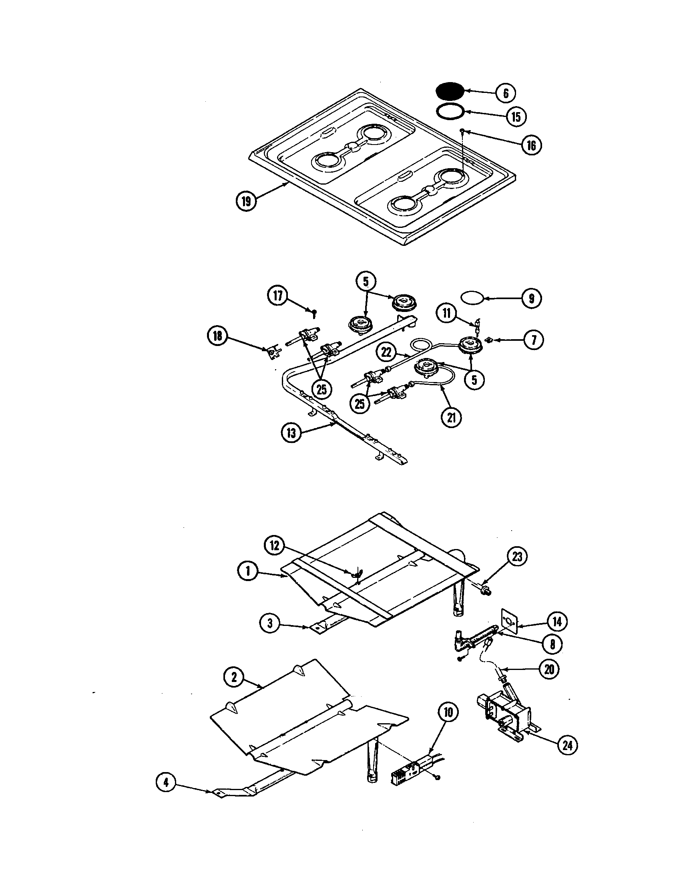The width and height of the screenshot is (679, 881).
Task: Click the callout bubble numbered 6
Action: (x=506, y=93)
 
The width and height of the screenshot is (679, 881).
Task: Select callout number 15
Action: (x=516, y=117)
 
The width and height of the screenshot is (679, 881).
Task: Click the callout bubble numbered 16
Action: (x=531, y=145)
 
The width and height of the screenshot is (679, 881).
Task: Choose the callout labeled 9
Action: (x=531, y=298)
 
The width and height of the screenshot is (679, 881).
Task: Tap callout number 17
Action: (x=278, y=296)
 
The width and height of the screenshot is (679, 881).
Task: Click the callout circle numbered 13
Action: (x=291, y=433)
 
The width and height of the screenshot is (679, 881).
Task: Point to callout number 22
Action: (x=386, y=352)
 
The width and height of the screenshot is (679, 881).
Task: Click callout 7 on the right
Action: (x=533, y=340)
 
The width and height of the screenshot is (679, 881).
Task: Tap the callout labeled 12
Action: (x=274, y=546)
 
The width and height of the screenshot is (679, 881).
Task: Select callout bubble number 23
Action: (x=517, y=557)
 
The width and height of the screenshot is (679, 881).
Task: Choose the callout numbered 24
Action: (x=567, y=745)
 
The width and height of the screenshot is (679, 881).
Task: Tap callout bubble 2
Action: (x=234, y=677)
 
